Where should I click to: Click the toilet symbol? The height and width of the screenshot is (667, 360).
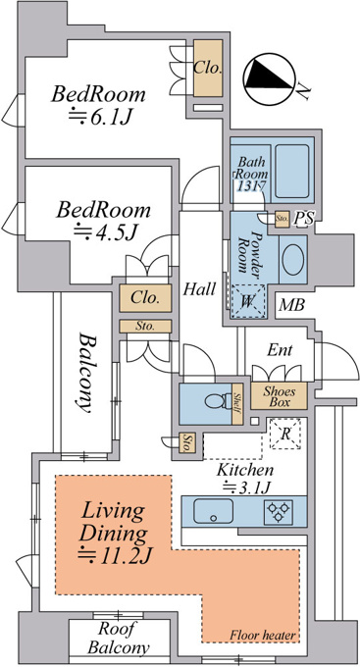point(217,401)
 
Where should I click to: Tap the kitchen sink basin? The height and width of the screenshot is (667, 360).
point(213,511)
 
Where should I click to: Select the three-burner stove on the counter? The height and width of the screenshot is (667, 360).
point(279,511)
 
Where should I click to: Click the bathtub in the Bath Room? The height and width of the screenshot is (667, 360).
point(292,171)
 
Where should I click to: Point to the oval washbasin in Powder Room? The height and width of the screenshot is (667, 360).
point(293,259)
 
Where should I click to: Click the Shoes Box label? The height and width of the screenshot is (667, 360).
point(279,396)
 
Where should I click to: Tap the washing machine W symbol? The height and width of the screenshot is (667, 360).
point(247,301)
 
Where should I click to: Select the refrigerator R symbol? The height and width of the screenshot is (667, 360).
point(285,434)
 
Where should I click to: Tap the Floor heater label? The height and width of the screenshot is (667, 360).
point(263,636)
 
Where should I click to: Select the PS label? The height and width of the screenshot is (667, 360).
point(305,218)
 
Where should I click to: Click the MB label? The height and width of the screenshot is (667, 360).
point(292,305)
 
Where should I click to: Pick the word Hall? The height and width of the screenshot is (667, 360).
point(199,289)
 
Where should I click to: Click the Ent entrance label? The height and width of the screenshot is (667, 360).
point(280,350)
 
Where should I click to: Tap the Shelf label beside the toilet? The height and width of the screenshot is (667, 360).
point(237,404)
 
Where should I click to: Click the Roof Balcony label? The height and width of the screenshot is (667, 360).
point(119,639)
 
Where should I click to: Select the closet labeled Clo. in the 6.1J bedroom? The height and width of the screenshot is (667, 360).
point(209,69)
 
